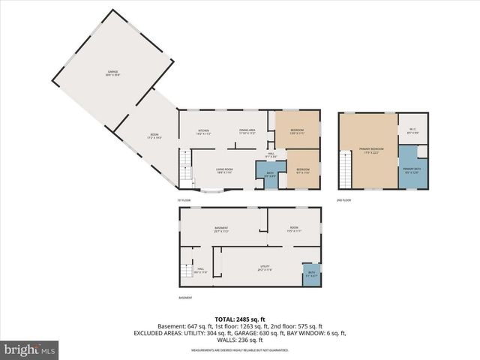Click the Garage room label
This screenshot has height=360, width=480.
113,73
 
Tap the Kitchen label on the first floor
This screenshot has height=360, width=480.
203,132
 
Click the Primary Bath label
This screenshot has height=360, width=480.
411,170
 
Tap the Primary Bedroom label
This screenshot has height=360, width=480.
372,150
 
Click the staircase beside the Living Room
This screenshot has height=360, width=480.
184,169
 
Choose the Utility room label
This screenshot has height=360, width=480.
265,268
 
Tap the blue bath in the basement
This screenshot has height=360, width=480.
310,274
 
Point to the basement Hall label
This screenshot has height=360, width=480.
201,270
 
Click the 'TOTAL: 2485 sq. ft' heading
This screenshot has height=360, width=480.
240,319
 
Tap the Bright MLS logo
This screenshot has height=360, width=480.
30,349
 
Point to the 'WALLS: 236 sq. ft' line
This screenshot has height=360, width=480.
240,340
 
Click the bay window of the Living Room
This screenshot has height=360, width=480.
210,190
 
